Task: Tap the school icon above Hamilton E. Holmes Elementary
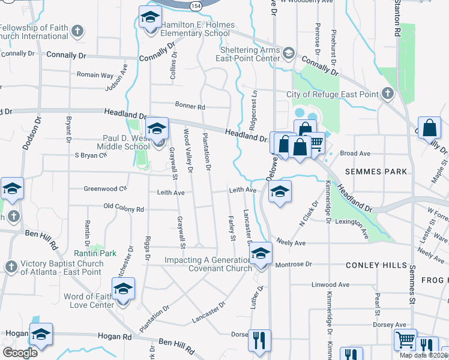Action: point(150,17)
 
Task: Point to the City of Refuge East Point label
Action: point(332,94)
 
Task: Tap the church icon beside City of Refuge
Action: point(388,94)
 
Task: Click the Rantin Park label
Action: point(95,253)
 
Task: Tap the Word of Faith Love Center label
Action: point(89,301)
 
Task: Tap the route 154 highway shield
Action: point(196,5)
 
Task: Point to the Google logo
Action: point(20,353)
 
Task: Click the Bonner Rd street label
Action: point(190,106)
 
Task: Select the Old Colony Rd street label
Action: point(124,209)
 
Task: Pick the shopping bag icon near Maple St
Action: point(430,128)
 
